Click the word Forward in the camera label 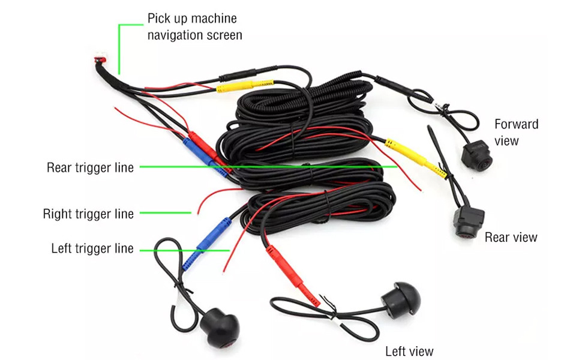[516, 124]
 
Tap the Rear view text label [511, 237]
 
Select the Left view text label [409, 351]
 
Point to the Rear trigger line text [90, 167]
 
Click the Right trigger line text [88, 214]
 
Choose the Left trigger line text [92, 248]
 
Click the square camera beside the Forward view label [476, 154]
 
